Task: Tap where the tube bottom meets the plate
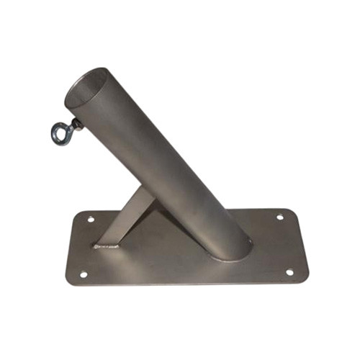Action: [x=229, y=252]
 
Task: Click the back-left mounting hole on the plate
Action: [x=91, y=218]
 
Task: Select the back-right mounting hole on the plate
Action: [x=279, y=216]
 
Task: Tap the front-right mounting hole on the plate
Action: [x=289, y=272]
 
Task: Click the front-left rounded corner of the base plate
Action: [x=71, y=282]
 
